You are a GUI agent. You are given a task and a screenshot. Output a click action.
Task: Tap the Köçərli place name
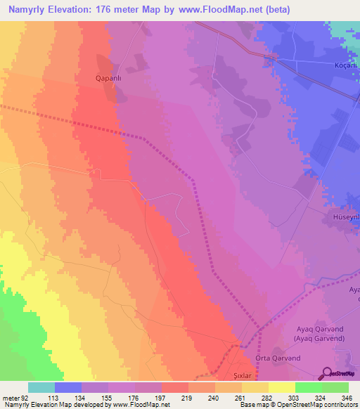[x=343, y=65]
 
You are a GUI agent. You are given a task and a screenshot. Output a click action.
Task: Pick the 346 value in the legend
[x=346, y=397]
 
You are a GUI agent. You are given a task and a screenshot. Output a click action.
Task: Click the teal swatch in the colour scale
[x=41, y=387]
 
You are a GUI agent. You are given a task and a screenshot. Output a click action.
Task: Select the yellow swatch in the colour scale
[x=281, y=387]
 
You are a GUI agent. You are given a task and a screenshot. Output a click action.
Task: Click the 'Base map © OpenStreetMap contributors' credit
[x=298, y=405]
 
